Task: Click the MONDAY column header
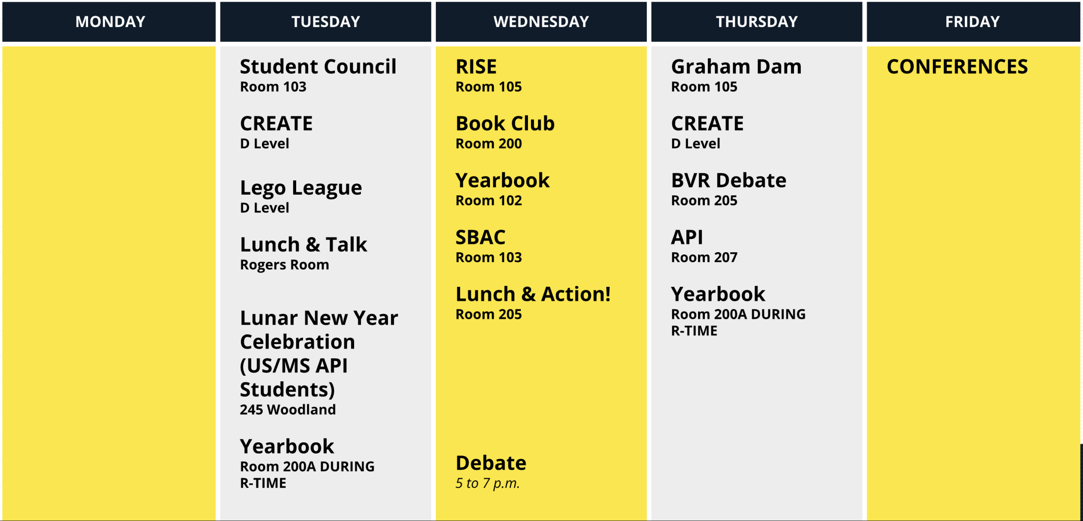click(110, 22)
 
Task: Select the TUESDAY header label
click(326, 22)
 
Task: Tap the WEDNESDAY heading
click(541, 22)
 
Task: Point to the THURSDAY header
click(756, 22)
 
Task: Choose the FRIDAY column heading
click(972, 22)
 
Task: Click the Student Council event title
click(318, 66)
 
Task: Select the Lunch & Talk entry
click(303, 245)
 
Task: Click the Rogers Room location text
click(284, 265)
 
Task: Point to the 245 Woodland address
click(288, 410)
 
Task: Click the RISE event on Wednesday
click(476, 66)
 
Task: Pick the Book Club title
click(505, 124)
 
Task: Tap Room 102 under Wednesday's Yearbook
click(489, 201)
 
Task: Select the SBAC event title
click(480, 237)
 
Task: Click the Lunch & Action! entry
click(533, 294)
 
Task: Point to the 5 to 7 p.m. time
click(487, 483)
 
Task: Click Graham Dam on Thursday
click(736, 66)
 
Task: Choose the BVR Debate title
click(728, 180)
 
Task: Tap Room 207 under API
click(704, 257)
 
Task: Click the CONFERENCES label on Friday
click(957, 66)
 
